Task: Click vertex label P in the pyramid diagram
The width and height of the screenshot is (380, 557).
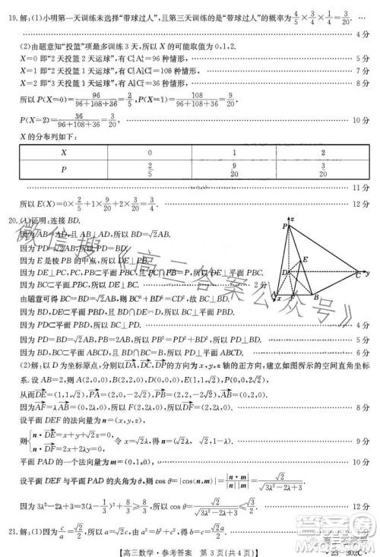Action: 284,226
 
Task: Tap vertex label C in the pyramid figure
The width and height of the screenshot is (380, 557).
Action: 356,275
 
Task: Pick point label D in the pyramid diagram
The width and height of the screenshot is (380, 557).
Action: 283,271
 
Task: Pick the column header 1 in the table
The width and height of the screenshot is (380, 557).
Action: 235,153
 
